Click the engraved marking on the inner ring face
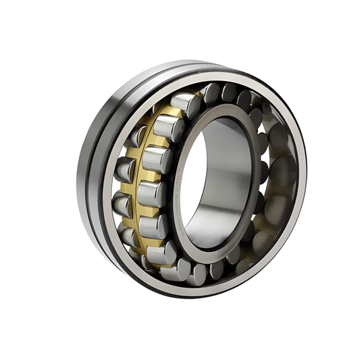[x=177, y=203]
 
